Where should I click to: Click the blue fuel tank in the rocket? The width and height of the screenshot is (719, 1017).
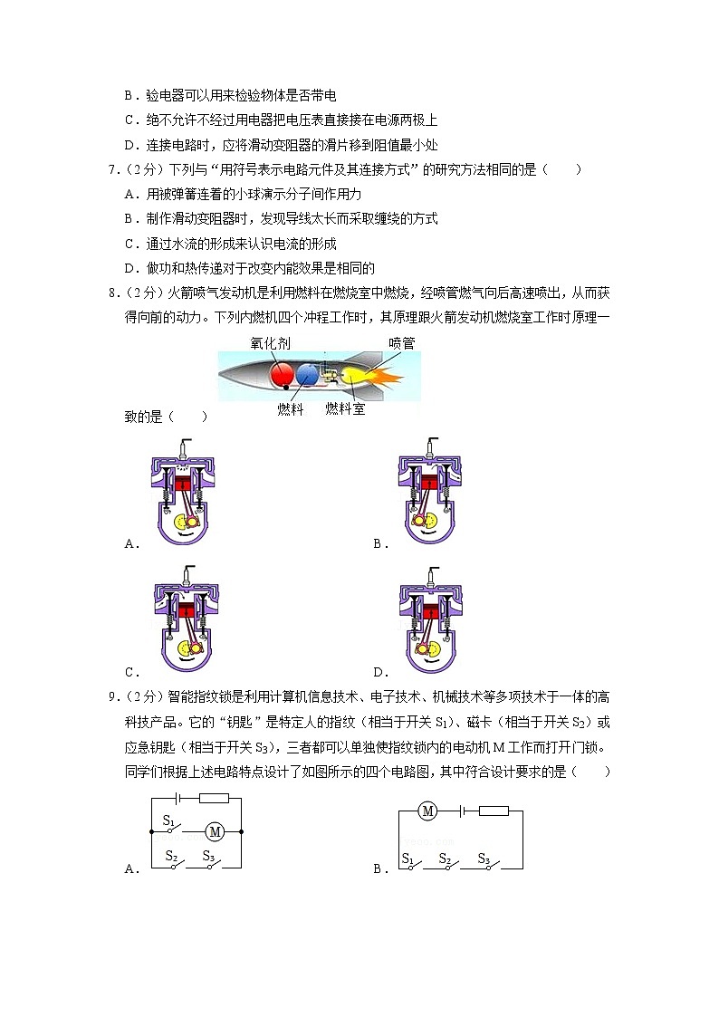[309, 375]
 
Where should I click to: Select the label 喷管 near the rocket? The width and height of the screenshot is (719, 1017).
[401, 343]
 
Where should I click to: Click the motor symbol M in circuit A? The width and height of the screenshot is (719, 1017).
[215, 830]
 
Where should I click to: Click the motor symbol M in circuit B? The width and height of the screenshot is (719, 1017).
[427, 811]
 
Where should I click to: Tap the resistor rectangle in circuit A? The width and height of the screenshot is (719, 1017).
[214, 798]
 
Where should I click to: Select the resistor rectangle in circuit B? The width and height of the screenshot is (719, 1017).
[493, 811]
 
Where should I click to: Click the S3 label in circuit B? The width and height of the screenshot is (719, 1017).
[484, 859]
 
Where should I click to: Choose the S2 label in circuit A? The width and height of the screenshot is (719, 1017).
[170, 855]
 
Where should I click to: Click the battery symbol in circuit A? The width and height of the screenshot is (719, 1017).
[179, 798]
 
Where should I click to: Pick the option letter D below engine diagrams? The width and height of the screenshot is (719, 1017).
[378, 672]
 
